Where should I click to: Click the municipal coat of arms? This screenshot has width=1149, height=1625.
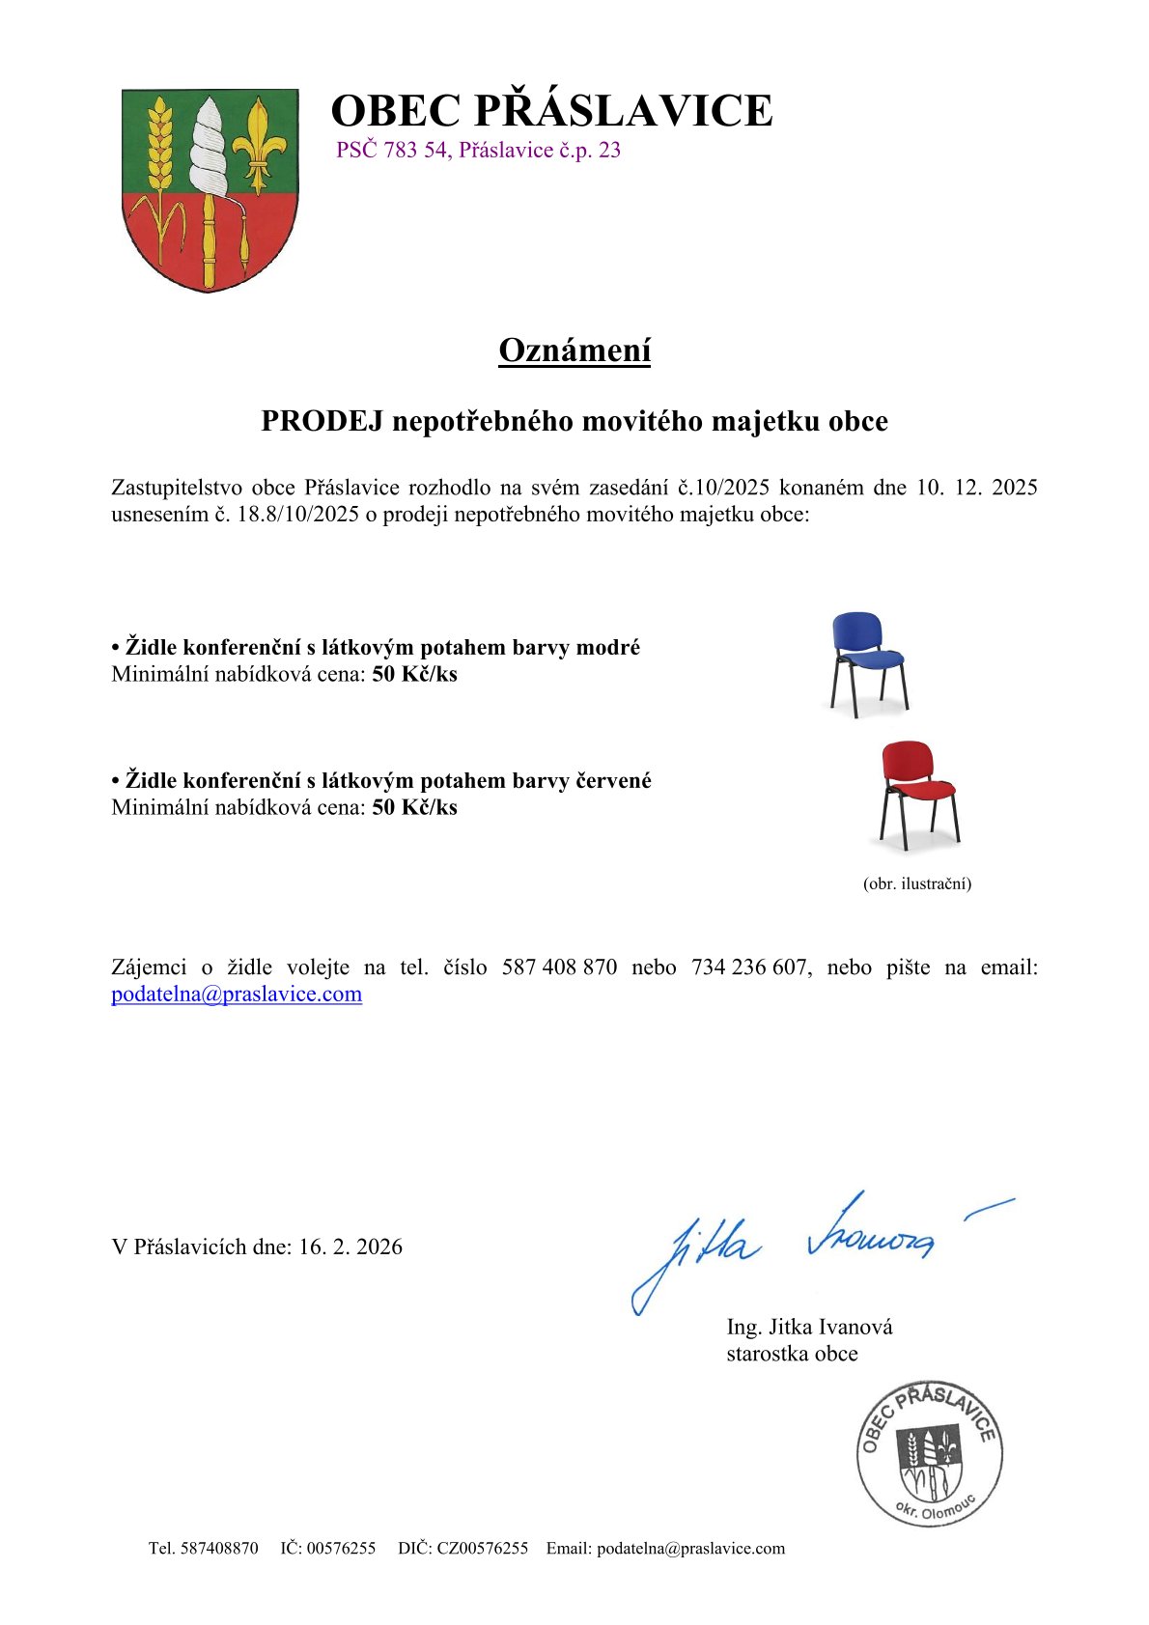click(210, 189)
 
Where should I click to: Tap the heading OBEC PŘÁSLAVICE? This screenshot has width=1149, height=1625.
click(551, 110)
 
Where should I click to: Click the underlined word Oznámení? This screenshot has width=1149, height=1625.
click(574, 350)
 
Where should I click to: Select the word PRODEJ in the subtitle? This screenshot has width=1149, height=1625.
click(322, 421)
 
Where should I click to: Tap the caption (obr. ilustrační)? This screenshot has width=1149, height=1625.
click(916, 883)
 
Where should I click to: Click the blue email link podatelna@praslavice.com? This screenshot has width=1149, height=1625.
click(237, 995)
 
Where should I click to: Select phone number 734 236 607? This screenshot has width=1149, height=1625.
click(748, 967)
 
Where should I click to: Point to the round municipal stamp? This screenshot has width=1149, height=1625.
click(929, 1453)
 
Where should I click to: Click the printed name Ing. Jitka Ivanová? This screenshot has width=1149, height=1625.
click(809, 1327)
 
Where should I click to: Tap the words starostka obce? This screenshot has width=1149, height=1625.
click(792, 1354)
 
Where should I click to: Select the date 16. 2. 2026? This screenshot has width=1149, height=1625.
click(350, 1247)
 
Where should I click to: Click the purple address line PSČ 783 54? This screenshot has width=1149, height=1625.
click(478, 151)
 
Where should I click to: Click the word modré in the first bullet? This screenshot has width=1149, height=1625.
click(607, 647)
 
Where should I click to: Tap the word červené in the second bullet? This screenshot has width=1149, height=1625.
click(613, 780)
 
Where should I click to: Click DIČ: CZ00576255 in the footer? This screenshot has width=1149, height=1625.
click(462, 1548)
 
